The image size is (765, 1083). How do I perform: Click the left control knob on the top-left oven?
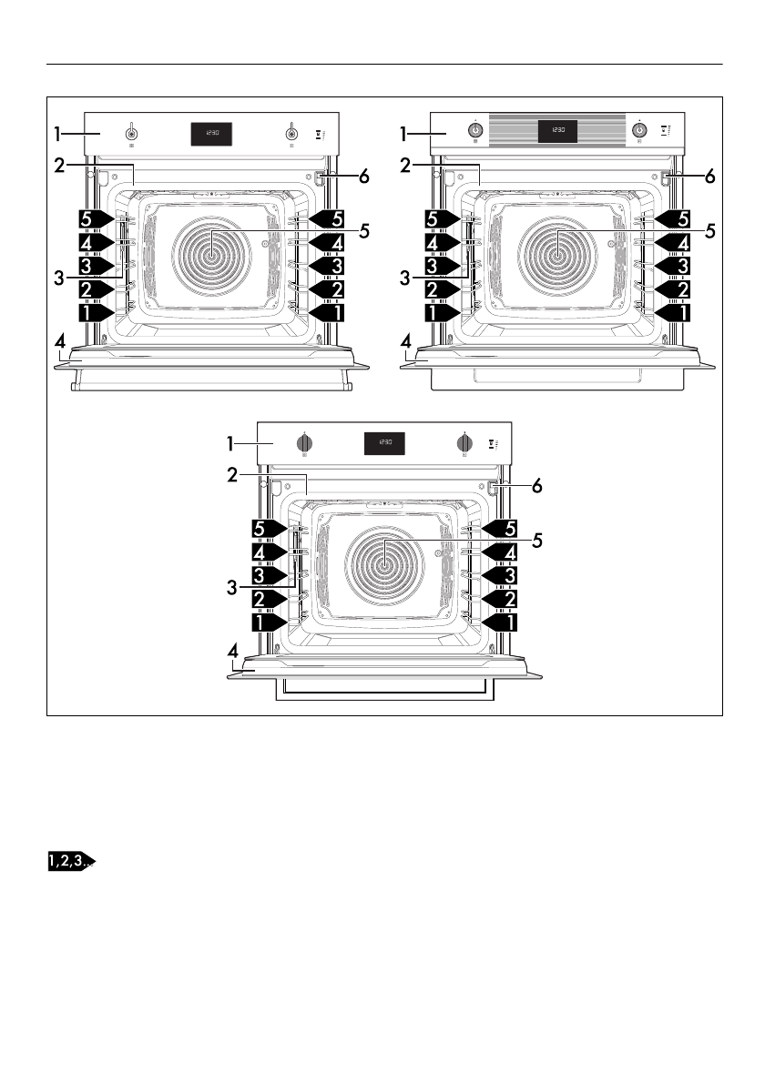[131, 133]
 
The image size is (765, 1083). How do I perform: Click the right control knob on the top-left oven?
[291, 133]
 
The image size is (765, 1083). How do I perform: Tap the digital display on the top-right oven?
[557, 131]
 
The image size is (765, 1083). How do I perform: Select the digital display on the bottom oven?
[385, 443]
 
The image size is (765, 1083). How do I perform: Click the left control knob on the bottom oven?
[305, 443]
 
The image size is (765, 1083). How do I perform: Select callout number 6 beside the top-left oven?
[363, 177]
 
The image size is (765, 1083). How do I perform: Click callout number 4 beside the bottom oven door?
[234, 652]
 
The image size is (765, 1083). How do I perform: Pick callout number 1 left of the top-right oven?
[406, 135]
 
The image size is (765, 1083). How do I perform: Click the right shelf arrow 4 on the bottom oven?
[500, 552]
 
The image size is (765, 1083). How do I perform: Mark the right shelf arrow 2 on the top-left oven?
[327, 288]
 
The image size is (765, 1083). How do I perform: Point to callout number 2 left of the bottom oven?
[234, 474]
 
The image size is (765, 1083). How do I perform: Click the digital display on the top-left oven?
[210, 134]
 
